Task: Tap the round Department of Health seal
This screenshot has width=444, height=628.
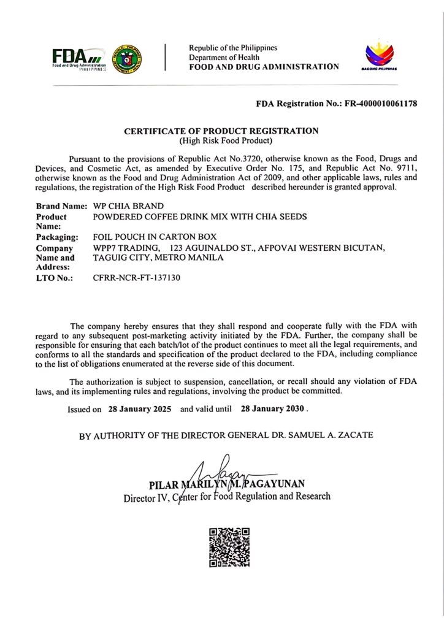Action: tap(129, 59)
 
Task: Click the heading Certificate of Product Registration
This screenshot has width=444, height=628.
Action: tap(221, 131)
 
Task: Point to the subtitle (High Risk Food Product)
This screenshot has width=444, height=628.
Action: tap(221, 140)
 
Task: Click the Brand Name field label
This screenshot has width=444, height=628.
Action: tap(61, 206)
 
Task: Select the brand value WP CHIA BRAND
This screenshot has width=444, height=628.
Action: tap(127, 206)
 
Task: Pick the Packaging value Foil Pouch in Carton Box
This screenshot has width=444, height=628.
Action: tap(155, 237)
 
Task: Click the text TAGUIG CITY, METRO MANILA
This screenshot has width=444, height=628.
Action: tap(158, 258)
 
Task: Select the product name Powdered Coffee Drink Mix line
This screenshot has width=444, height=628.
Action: tap(199, 216)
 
